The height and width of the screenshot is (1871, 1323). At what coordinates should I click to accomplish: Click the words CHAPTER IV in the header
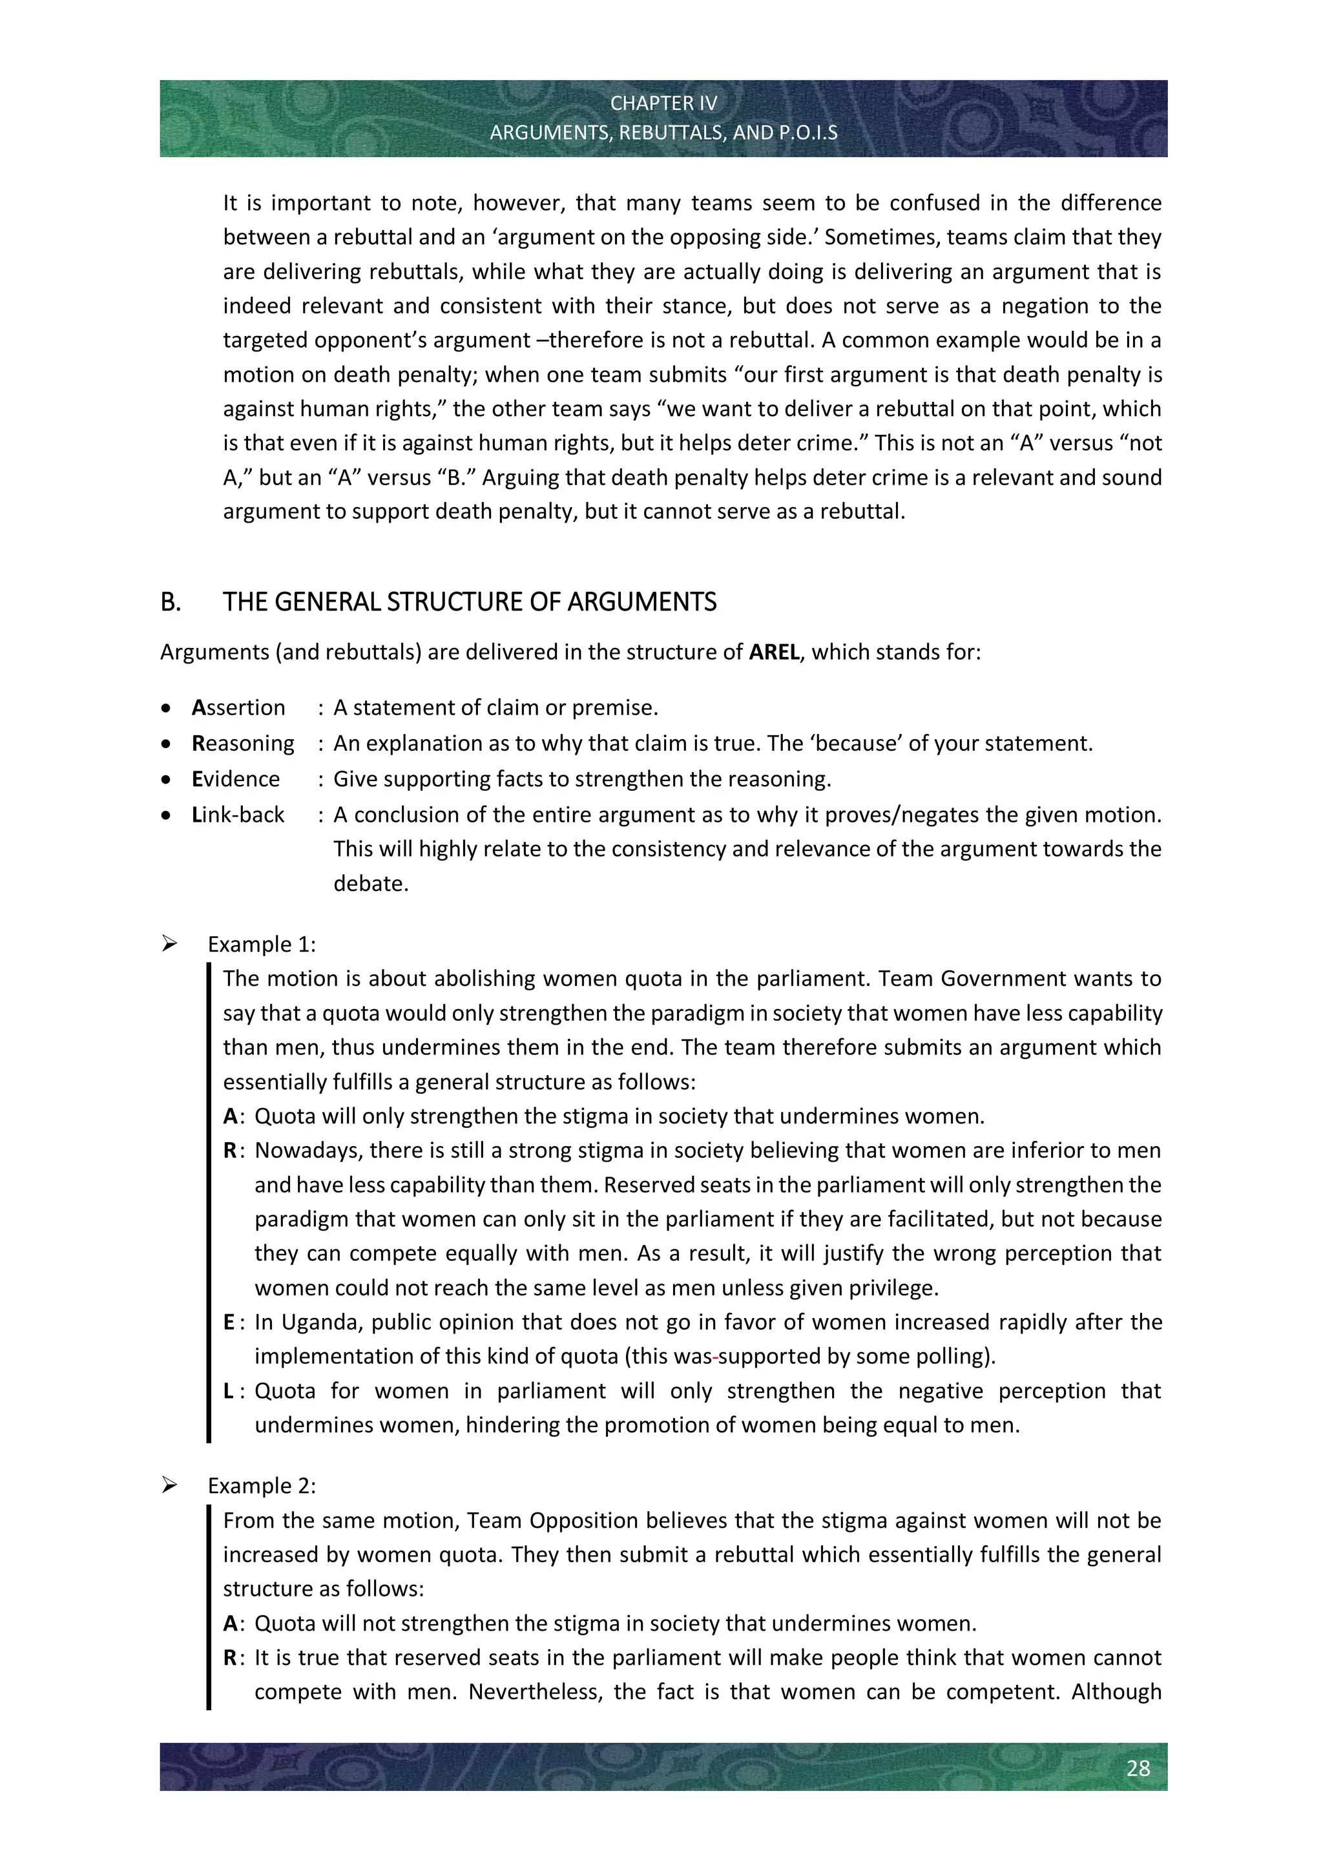tap(663, 103)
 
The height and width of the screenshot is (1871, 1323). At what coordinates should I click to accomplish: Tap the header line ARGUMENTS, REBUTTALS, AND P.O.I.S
tap(663, 133)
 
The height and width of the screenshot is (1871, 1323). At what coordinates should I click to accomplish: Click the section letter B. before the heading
tap(171, 602)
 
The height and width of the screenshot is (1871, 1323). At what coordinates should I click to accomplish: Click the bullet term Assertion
tap(238, 707)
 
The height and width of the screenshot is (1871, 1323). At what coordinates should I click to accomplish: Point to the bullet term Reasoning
tap(243, 743)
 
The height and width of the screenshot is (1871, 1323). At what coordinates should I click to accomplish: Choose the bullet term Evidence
tap(235, 779)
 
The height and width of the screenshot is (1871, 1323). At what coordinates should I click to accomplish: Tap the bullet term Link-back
tap(238, 815)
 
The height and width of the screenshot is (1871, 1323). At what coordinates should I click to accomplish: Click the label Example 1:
tap(262, 945)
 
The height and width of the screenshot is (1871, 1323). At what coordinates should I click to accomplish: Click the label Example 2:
tap(262, 1485)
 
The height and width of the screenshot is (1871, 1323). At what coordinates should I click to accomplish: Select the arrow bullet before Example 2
tap(169, 1485)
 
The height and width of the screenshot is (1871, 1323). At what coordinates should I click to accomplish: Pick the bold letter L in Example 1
tap(228, 1390)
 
